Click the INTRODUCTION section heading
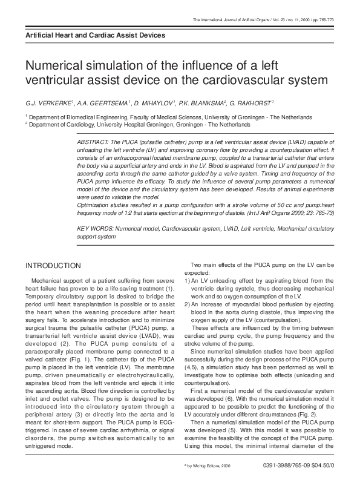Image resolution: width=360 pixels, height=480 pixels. click(53, 266)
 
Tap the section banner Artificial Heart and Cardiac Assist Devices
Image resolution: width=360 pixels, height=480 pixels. click(90, 36)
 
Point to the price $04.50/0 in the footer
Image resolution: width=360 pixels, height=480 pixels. click(319, 465)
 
